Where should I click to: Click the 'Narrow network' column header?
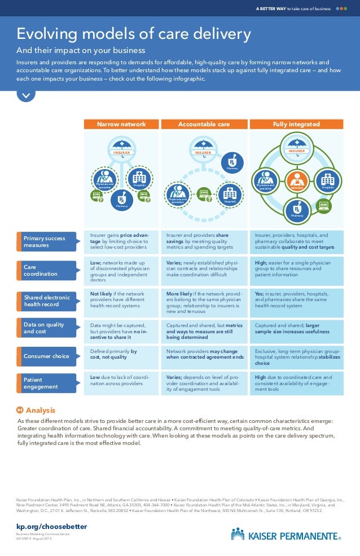[x=121, y=124]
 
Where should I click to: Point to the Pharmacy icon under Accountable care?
[x=232, y=161]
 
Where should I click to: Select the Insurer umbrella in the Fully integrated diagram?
[x=296, y=148]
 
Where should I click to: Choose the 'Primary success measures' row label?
[x=48, y=241]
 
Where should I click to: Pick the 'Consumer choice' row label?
[x=48, y=356]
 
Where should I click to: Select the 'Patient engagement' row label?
[x=48, y=383]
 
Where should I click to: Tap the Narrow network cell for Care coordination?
[x=121, y=271]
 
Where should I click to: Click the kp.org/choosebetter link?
[x=51, y=526]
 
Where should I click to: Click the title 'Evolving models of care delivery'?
[x=133, y=34]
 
